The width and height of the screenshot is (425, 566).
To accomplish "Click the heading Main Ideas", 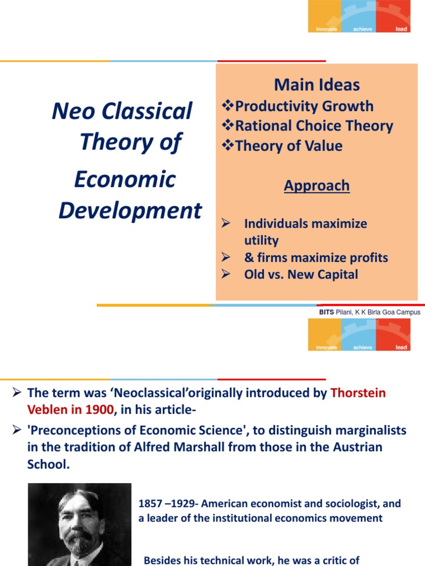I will [x=317, y=85].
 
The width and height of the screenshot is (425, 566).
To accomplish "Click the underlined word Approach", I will [x=317, y=185].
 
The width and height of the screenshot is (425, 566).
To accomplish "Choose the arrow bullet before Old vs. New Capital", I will [x=225, y=274].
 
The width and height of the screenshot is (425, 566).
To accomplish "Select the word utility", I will [x=261, y=240].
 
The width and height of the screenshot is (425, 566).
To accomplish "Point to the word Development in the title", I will [x=131, y=211].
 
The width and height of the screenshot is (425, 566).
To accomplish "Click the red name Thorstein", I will [x=358, y=393].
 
